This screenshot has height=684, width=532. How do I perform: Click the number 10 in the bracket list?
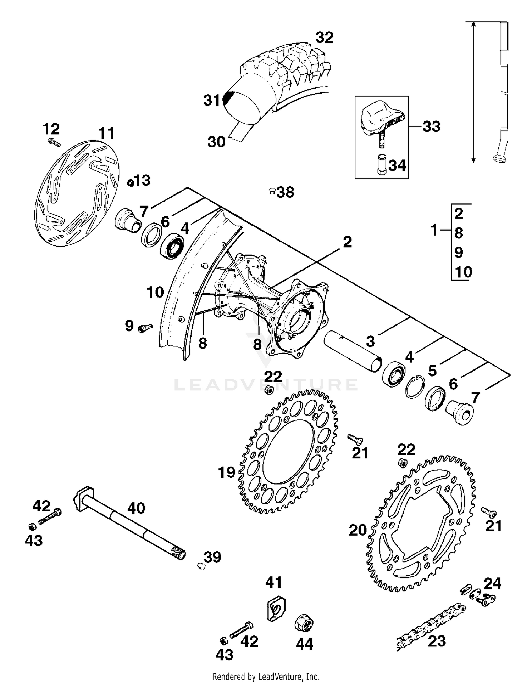click(464, 272)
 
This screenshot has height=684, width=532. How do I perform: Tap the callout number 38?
click(286, 192)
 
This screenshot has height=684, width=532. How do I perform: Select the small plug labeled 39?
click(201, 566)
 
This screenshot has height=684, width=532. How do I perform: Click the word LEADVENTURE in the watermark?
click(266, 385)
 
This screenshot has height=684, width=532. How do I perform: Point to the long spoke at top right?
click(504, 92)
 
